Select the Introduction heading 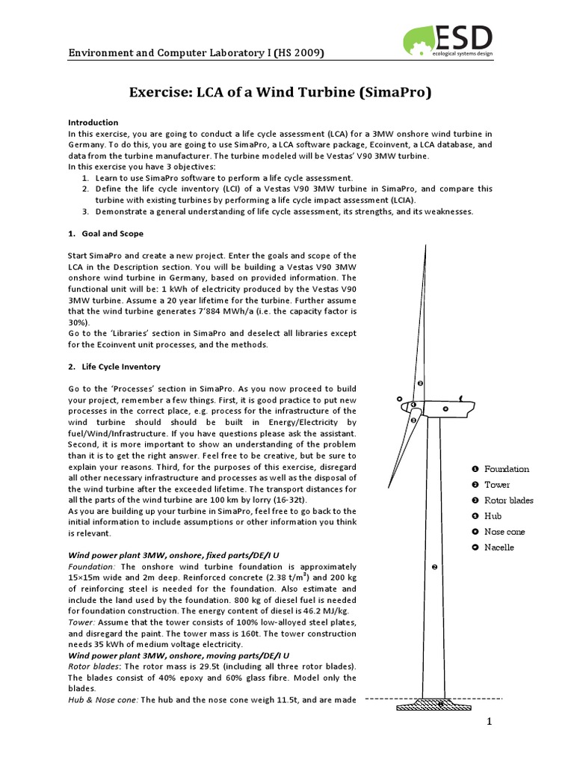[x=93, y=122]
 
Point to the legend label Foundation [x=506, y=469]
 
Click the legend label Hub [x=493, y=516]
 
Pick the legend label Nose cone [x=504, y=532]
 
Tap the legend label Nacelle [x=499, y=548]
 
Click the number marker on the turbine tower [x=434, y=568]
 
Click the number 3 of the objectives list [x=86, y=212]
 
